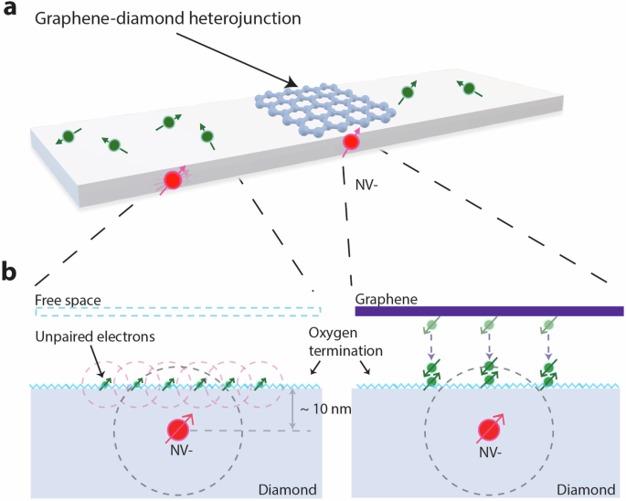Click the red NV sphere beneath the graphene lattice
click(x=349, y=142)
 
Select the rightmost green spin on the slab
click(x=468, y=89)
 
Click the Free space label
click(x=68, y=300)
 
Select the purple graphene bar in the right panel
click(x=489, y=311)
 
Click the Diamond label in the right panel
click(x=596, y=490)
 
